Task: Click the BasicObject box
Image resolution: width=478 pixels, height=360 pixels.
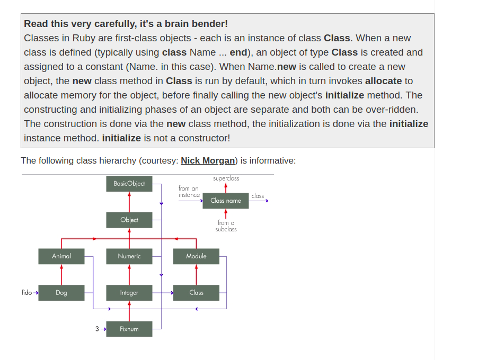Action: coord(129,184)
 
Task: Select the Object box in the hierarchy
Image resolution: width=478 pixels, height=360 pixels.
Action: coord(129,220)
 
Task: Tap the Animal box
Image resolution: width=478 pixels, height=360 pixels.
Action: coord(61,256)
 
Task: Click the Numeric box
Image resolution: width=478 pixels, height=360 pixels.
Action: coord(129,256)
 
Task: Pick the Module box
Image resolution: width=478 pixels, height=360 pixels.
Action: coord(196,256)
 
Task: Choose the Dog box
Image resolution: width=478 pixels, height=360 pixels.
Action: coord(61,293)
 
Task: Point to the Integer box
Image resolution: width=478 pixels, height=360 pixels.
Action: coord(129,293)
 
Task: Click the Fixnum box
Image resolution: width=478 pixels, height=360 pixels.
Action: coord(129,329)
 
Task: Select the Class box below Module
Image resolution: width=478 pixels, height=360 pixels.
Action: coord(196,293)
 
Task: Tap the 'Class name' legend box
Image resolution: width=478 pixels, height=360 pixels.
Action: coord(226,201)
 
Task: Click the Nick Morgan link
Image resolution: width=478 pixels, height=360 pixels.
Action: coord(208,160)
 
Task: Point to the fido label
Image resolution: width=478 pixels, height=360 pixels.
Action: coord(26,292)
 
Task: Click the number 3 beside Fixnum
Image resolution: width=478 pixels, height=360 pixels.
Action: coord(97,329)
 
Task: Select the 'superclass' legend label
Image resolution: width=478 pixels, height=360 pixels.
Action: coord(226,178)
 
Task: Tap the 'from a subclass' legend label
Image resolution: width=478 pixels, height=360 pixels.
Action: coord(226,226)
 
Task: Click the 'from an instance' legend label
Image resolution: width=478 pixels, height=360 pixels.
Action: coord(189,192)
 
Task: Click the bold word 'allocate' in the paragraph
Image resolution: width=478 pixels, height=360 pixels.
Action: coord(383,81)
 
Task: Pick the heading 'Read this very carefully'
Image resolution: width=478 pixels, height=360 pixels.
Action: coord(126,24)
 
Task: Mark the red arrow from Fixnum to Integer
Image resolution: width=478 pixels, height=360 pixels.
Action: coord(129,311)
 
